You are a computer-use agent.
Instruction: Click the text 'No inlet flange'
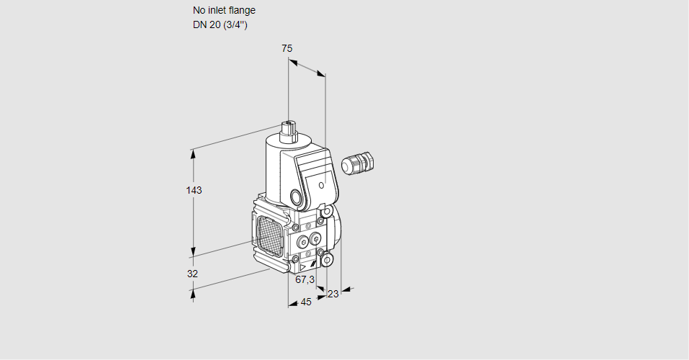tap(224, 11)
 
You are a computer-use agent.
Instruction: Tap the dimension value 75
tap(287, 48)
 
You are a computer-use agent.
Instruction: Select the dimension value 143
tap(194, 190)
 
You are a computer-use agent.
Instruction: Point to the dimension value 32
tap(192, 274)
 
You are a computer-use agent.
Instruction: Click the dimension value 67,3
tap(305, 279)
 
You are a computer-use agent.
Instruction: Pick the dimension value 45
tap(306, 302)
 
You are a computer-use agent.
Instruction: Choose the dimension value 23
tap(333, 294)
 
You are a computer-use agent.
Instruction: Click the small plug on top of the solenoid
tap(289, 131)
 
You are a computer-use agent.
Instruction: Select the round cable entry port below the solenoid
tap(296, 197)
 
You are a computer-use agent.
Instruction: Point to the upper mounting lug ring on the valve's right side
tap(327, 212)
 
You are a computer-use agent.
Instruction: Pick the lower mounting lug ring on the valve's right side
tap(327, 259)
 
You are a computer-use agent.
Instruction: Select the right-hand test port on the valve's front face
tap(315, 239)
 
